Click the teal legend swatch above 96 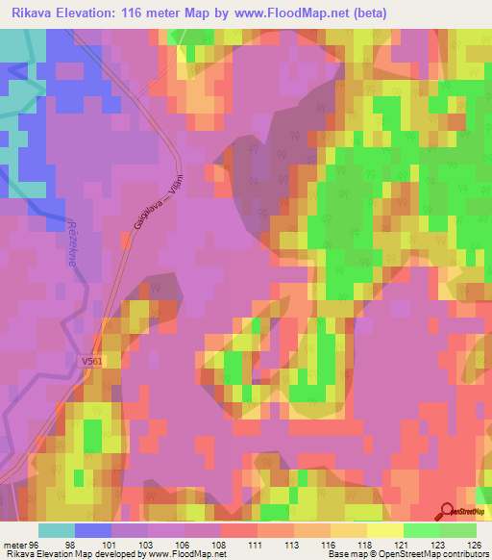pyautogui.click(x=57, y=530)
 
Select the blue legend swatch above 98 pyautogui.click(x=93, y=530)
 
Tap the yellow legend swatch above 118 pyautogui.click(x=383, y=530)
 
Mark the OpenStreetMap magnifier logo pyautogui.click(x=448, y=512)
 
